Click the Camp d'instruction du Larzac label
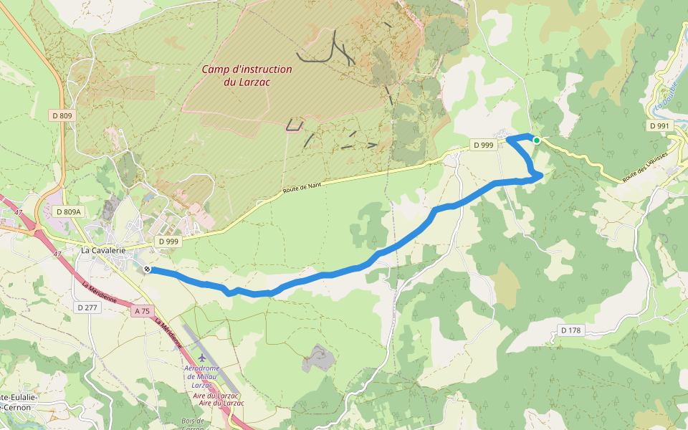coord(247,75)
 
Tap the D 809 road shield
coord(62,115)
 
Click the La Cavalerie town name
coord(103,250)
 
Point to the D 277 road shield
coord(86,307)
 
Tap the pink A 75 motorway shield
coord(142,311)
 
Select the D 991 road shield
coord(659,126)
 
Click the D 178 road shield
coord(571,330)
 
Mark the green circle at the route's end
coord(536,140)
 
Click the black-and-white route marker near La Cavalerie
coord(147,269)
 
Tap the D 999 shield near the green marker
coord(483,145)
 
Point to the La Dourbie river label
coord(665,97)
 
